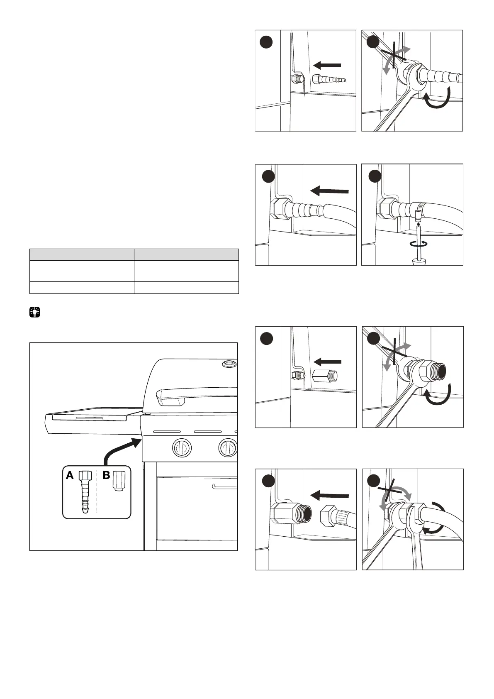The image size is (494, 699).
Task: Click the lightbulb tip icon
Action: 35,312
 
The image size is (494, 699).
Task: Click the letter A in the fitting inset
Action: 70,476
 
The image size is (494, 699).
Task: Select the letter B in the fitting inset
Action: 106,476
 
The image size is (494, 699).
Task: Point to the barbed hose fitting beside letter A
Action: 85,492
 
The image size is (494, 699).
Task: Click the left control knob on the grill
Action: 181,448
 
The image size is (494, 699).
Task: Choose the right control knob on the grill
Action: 228,448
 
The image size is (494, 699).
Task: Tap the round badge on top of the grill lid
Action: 228,364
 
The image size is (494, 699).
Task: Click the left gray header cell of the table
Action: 82,254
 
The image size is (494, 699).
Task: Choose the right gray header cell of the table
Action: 186,254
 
